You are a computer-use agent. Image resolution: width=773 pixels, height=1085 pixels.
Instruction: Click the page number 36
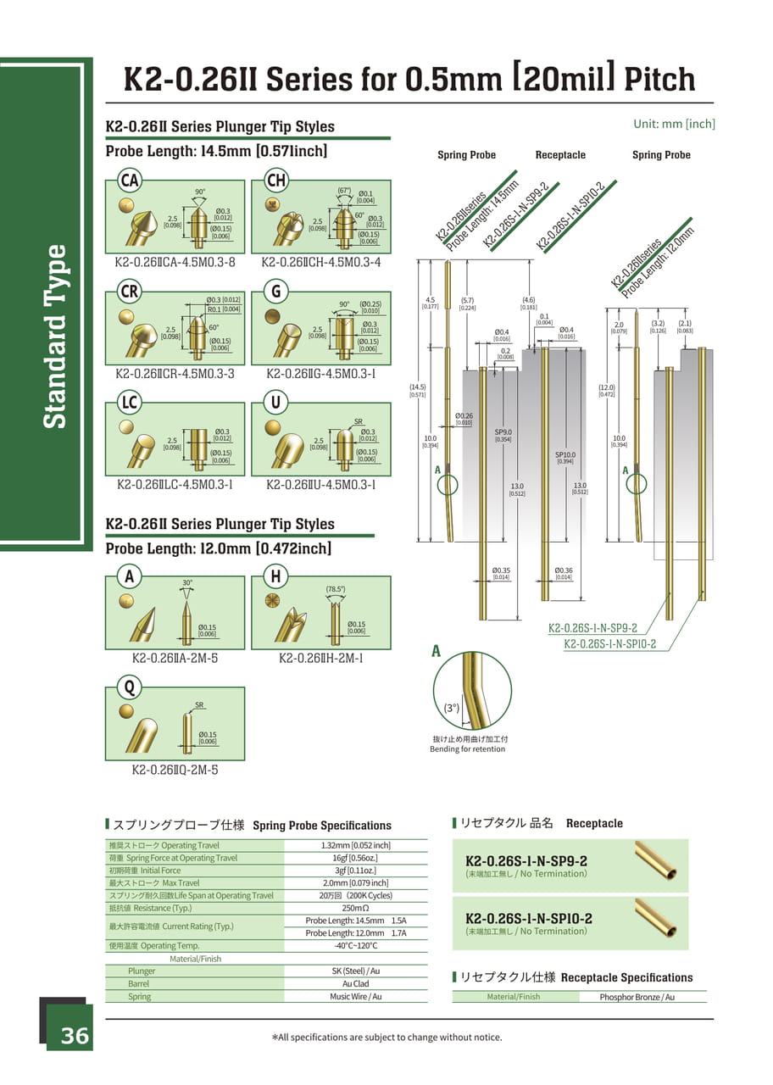(x=74, y=1036)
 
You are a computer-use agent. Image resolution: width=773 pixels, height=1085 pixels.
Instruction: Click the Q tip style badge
(x=130, y=687)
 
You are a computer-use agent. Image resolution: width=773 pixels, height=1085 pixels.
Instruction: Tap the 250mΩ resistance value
(x=355, y=908)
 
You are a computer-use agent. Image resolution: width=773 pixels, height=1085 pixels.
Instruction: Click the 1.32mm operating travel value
(x=355, y=845)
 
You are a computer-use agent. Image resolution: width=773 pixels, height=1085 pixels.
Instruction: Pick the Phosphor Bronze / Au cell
(x=637, y=997)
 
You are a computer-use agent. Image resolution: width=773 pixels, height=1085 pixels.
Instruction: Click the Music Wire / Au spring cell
(x=355, y=997)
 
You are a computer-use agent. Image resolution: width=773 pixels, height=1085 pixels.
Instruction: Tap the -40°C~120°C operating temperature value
(x=355, y=946)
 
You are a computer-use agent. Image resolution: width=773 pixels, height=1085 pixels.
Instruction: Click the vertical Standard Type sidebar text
(x=54, y=337)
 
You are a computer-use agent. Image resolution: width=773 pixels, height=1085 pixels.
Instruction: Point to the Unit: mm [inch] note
(x=674, y=124)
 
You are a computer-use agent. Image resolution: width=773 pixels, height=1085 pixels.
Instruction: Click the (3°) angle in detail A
(x=451, y=708)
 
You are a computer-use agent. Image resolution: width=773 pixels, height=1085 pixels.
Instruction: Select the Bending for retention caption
(x=467, y=749)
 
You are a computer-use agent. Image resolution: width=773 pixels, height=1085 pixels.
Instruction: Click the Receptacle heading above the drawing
(x=560, y=155)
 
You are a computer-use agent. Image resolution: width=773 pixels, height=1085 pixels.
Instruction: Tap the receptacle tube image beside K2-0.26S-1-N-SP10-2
(x=656, y=917)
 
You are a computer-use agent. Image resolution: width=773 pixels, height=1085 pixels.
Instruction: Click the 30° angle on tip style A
(x=187, y=583)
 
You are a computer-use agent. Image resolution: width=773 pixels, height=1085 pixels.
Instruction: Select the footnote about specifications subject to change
(x=386, y=1037)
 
